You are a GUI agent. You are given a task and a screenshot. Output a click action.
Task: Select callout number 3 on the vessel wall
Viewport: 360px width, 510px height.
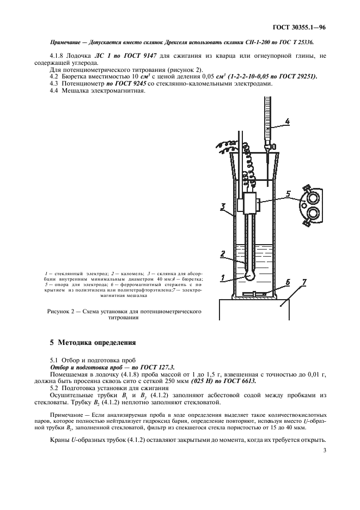pos(223,206)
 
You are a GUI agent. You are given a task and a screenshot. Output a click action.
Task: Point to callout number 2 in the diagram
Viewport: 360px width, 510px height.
pos(223,254)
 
